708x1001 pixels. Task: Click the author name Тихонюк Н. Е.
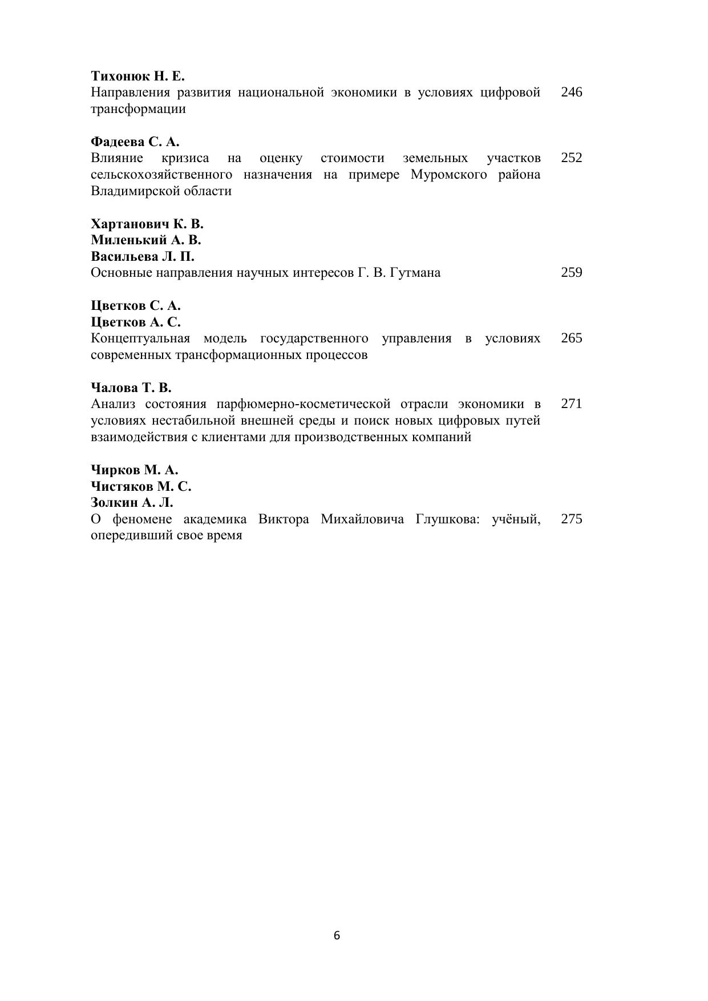point(137,76)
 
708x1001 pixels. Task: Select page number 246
point(571,92)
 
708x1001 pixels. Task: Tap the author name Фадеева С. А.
point(135,142)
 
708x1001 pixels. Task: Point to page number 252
point(571,158)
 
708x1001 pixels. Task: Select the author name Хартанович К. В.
point(147,224)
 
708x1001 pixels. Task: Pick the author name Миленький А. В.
point(145,240)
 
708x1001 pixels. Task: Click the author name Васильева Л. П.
point(142,256)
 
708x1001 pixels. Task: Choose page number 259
point(571,273)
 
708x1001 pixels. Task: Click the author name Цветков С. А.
point(135,305)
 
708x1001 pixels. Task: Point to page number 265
point(571,338)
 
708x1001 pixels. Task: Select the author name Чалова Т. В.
point(131,388)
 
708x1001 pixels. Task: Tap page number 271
point(571,404)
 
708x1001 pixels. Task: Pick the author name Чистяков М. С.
point(141,486)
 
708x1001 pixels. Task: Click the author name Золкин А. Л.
point(132,503)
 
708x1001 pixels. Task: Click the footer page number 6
point(337,935)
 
